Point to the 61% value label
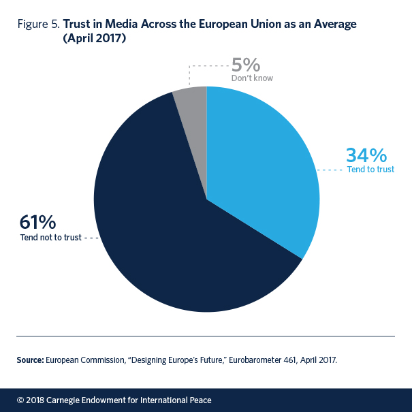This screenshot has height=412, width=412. pyautogui.click(x=39, y=223)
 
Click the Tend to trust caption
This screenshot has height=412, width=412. pyautogui.click(x=370, y=169)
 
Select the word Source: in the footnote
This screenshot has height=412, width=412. pyautogui.click(x=31, y=359)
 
